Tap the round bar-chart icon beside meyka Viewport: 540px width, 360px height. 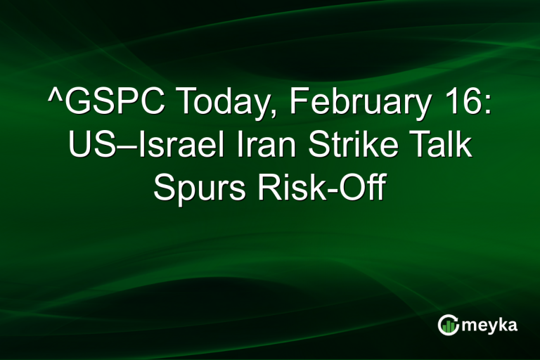(x=448, y=324)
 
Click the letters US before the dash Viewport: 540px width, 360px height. (x=88, y=148)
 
